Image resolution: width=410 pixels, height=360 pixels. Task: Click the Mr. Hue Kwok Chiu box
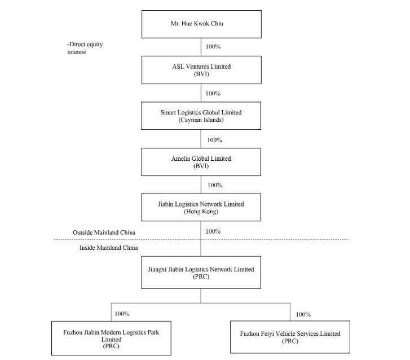click(x=201, y=24)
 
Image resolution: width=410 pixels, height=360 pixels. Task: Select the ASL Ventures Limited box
click(x=201, y=70)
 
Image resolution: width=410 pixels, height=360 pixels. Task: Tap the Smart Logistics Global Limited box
click(x=201, y=116)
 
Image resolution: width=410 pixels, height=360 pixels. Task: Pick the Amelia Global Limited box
click(x=201, y=162)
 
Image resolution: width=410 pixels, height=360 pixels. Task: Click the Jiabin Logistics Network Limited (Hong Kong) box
click(x=201, y=208)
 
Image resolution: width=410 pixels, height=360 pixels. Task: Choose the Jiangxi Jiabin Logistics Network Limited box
click(x=201, y=273)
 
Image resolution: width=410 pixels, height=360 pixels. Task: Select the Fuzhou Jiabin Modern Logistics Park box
click(x=112, y=339)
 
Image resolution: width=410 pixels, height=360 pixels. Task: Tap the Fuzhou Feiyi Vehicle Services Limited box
click(x=290, y=337)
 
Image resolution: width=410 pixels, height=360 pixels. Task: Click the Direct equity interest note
click(x=85, y=48)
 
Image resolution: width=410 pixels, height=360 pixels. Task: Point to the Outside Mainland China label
click(x=104, y=232)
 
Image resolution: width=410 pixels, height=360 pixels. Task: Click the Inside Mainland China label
click(x=109, y=248)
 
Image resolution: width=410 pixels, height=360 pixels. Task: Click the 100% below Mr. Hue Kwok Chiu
click(x=213, y=47)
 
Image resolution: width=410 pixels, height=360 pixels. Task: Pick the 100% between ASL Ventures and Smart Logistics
click(x=213, y=94)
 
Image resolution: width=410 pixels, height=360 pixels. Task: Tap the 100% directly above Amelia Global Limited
click(x=215, y=140)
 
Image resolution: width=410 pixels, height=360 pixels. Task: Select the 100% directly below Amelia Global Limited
click(x=215, y=185)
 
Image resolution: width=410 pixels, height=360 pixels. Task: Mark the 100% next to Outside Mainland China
click(x=213, y=231)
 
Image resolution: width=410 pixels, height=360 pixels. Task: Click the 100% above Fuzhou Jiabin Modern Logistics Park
click(x=122, y=313)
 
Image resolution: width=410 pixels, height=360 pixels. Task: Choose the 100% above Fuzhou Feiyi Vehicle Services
click(x=303, y=314)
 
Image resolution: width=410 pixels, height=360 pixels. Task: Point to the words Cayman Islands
click(x=201, y=120)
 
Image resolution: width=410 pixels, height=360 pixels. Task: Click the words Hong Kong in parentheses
click(x=201, y=212)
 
